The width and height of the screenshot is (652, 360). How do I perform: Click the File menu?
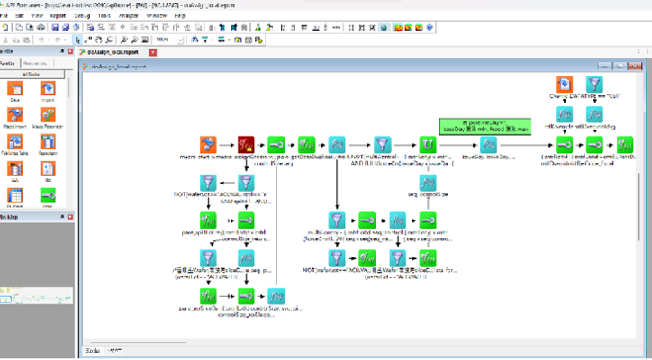pos(5,16)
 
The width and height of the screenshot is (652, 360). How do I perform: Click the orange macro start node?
pos(209,146)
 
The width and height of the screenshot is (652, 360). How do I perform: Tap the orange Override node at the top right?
pos(563,87)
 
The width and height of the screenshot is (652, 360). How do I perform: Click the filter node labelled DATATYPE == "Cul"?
pos(594,87)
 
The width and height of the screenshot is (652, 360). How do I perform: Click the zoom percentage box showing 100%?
pos(165,40)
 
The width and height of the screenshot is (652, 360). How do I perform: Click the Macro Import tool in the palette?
pos(15,117)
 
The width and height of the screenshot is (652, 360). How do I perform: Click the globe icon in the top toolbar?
pos(383,28)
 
